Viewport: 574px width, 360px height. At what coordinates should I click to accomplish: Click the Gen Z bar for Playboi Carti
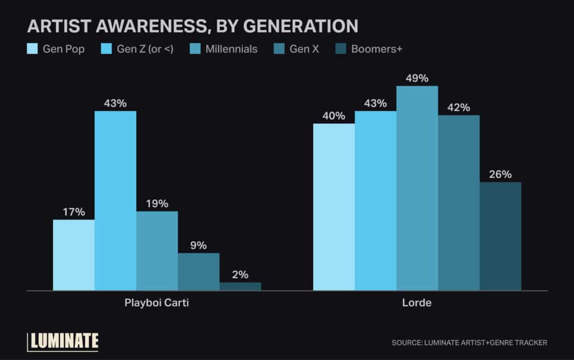click(x=115, y=201)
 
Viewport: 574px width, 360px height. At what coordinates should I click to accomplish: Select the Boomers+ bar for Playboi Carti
click(x=240, y=286)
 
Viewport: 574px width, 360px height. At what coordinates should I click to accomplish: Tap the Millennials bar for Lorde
click(x=417, y=188)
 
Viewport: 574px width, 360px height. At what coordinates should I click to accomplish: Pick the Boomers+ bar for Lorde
click(x=500, y=236)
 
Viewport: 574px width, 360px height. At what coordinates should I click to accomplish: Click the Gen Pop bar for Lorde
click(x=334, y=207)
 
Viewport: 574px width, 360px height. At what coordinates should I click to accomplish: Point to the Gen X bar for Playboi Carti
click(x=198, y=271)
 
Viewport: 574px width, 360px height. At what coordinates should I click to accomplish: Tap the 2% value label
click(x=240, y=275)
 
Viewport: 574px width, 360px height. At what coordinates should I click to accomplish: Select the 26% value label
click(x=500, y=174)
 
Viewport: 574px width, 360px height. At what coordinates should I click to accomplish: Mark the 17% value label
click(x=73, y=212)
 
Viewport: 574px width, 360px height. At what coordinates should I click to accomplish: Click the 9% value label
click(x=198, y=246)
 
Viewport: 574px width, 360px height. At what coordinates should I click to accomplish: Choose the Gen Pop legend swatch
click(x=33, y=49)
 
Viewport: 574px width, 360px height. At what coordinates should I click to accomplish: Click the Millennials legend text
click(x=231, y=49)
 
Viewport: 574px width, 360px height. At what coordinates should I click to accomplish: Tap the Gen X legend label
click(x=304, y=49)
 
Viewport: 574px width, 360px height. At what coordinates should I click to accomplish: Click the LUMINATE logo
click(x=63, y=340)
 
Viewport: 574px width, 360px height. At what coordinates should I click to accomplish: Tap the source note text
click(x=469, y=342)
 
